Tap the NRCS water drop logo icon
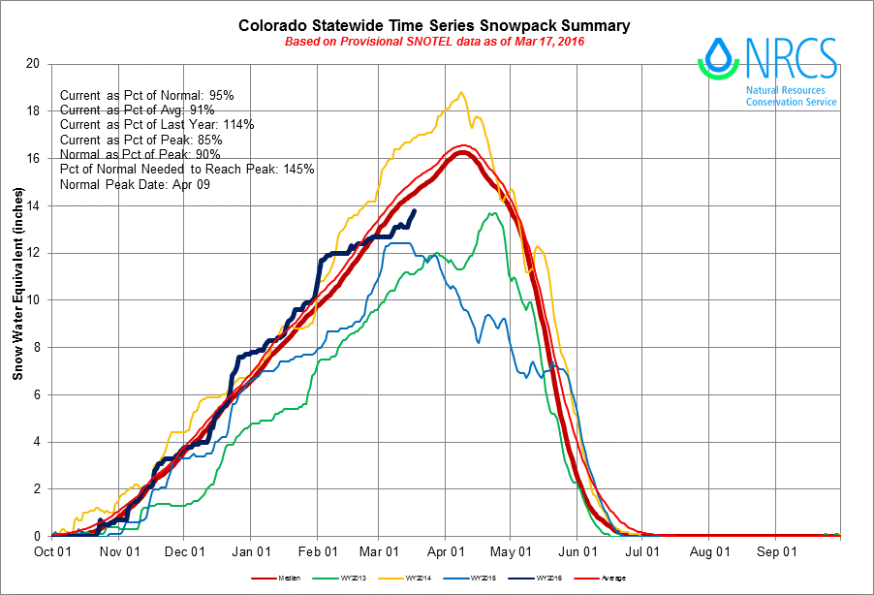coord(719,58)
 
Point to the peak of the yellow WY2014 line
coord(461,93)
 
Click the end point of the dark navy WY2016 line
coord(416,210)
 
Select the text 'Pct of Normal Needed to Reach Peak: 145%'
coord(187,169)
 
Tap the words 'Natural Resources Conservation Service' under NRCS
coord(792,96)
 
